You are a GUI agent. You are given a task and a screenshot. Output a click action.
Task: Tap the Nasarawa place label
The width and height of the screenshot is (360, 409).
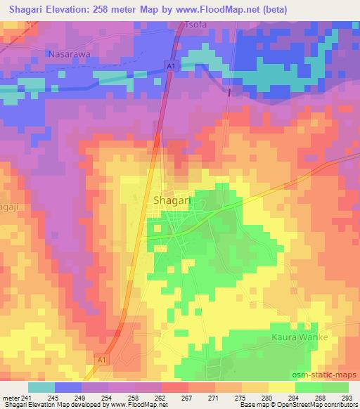coord(70,53)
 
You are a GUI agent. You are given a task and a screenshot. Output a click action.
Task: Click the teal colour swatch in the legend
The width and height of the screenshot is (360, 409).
coord(41,387)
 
